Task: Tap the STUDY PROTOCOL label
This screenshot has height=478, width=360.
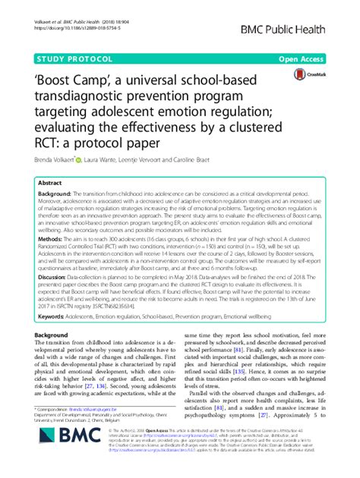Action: click(69, 58)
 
